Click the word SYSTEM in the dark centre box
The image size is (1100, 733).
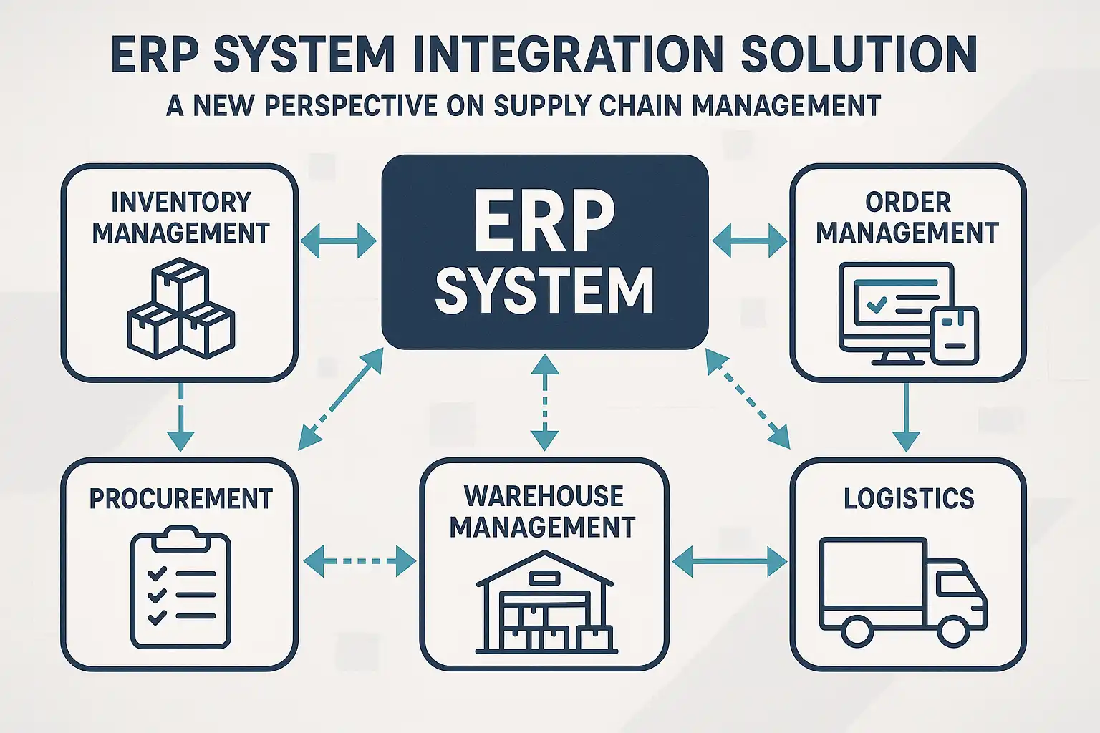544,291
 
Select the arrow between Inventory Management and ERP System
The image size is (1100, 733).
338,241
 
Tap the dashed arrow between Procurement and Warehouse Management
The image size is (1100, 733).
360,560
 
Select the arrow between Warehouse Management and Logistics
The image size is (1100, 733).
730,560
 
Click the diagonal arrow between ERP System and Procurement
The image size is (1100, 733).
341,399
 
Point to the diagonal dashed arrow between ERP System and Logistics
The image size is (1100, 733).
748,398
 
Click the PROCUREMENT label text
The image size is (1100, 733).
180,499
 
